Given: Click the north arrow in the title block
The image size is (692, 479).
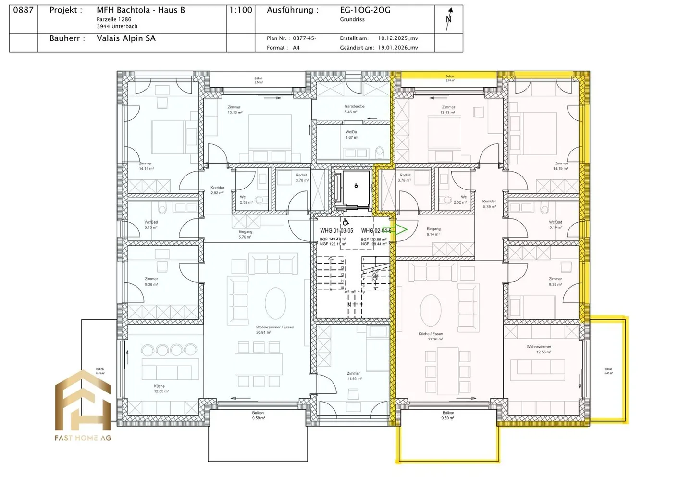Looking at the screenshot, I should click(x=449, y=19).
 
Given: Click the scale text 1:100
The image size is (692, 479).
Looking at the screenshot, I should click(x=241, y=10).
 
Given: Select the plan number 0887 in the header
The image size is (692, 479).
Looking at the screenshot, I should click(x=23, y=10).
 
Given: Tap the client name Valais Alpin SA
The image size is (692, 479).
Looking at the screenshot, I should click(x=126, y=38).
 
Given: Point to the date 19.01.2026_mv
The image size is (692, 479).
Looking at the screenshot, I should click(x=397, y=48).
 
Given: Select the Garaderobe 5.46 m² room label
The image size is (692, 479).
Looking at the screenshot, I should click(x=354, y=109).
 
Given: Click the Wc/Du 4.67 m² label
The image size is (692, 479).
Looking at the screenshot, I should click(x=351, y=135).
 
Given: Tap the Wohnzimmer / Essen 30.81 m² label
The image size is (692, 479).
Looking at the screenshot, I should click(x=275, y=330).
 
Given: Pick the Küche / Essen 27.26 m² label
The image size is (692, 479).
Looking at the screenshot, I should click(x=431, y=336).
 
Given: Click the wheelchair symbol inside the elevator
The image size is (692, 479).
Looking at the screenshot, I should click(x=356, y=186).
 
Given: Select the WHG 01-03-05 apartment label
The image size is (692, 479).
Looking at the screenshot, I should click(x=336, y=231).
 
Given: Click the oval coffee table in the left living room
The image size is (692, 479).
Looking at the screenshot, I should click(x=275, y=303).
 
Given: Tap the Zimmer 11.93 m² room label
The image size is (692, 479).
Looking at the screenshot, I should click(x=353, y=376).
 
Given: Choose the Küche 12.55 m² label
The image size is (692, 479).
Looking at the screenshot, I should click(x=160, y=389).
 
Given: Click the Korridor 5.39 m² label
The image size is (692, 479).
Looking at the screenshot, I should click(x=489, y=204).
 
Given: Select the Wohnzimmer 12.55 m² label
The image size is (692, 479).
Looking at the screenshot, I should click(x=539, y=349).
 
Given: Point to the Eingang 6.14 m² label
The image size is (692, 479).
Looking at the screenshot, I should click(x=433, y=232).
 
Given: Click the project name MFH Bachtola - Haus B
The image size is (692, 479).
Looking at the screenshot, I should click(x=141, y=10).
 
